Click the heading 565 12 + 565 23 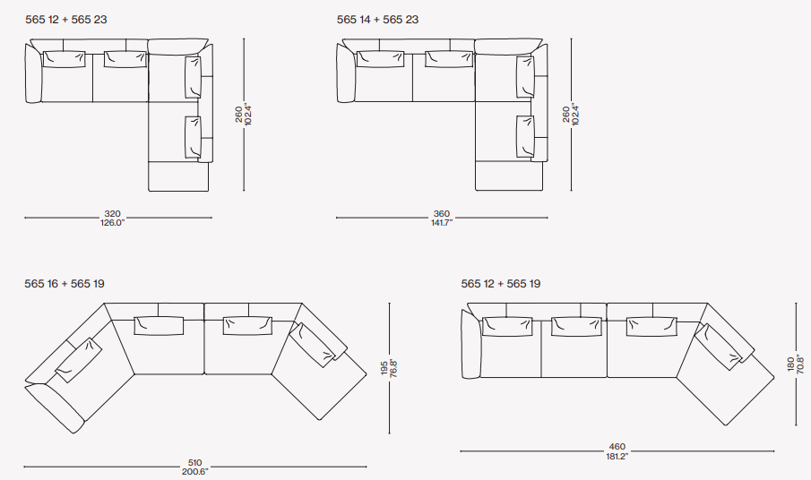(66, 20)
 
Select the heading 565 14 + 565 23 (377, 20)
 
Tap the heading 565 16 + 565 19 (65, 284)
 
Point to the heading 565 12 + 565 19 (501, 284)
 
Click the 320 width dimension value (112, 213)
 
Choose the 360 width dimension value (442, 213)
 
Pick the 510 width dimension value (194, 462)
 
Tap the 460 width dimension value (617, 446)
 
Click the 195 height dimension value (384, 368)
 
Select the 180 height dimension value (790, 364)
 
